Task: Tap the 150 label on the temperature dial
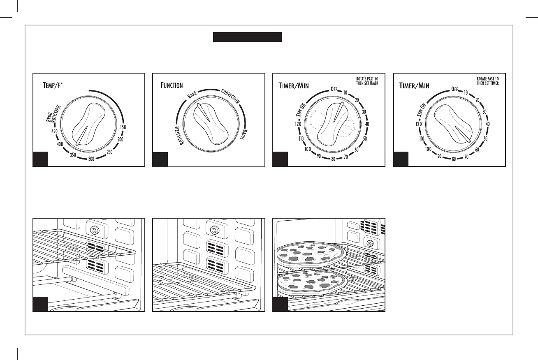pos(123,127)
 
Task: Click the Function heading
pos(172,85)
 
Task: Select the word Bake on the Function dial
pos(192,95)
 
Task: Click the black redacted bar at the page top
pos(247,37)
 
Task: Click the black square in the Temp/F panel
pos(40,159)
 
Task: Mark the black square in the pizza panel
pos(280,304)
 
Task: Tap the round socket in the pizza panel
pos(369,243)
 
